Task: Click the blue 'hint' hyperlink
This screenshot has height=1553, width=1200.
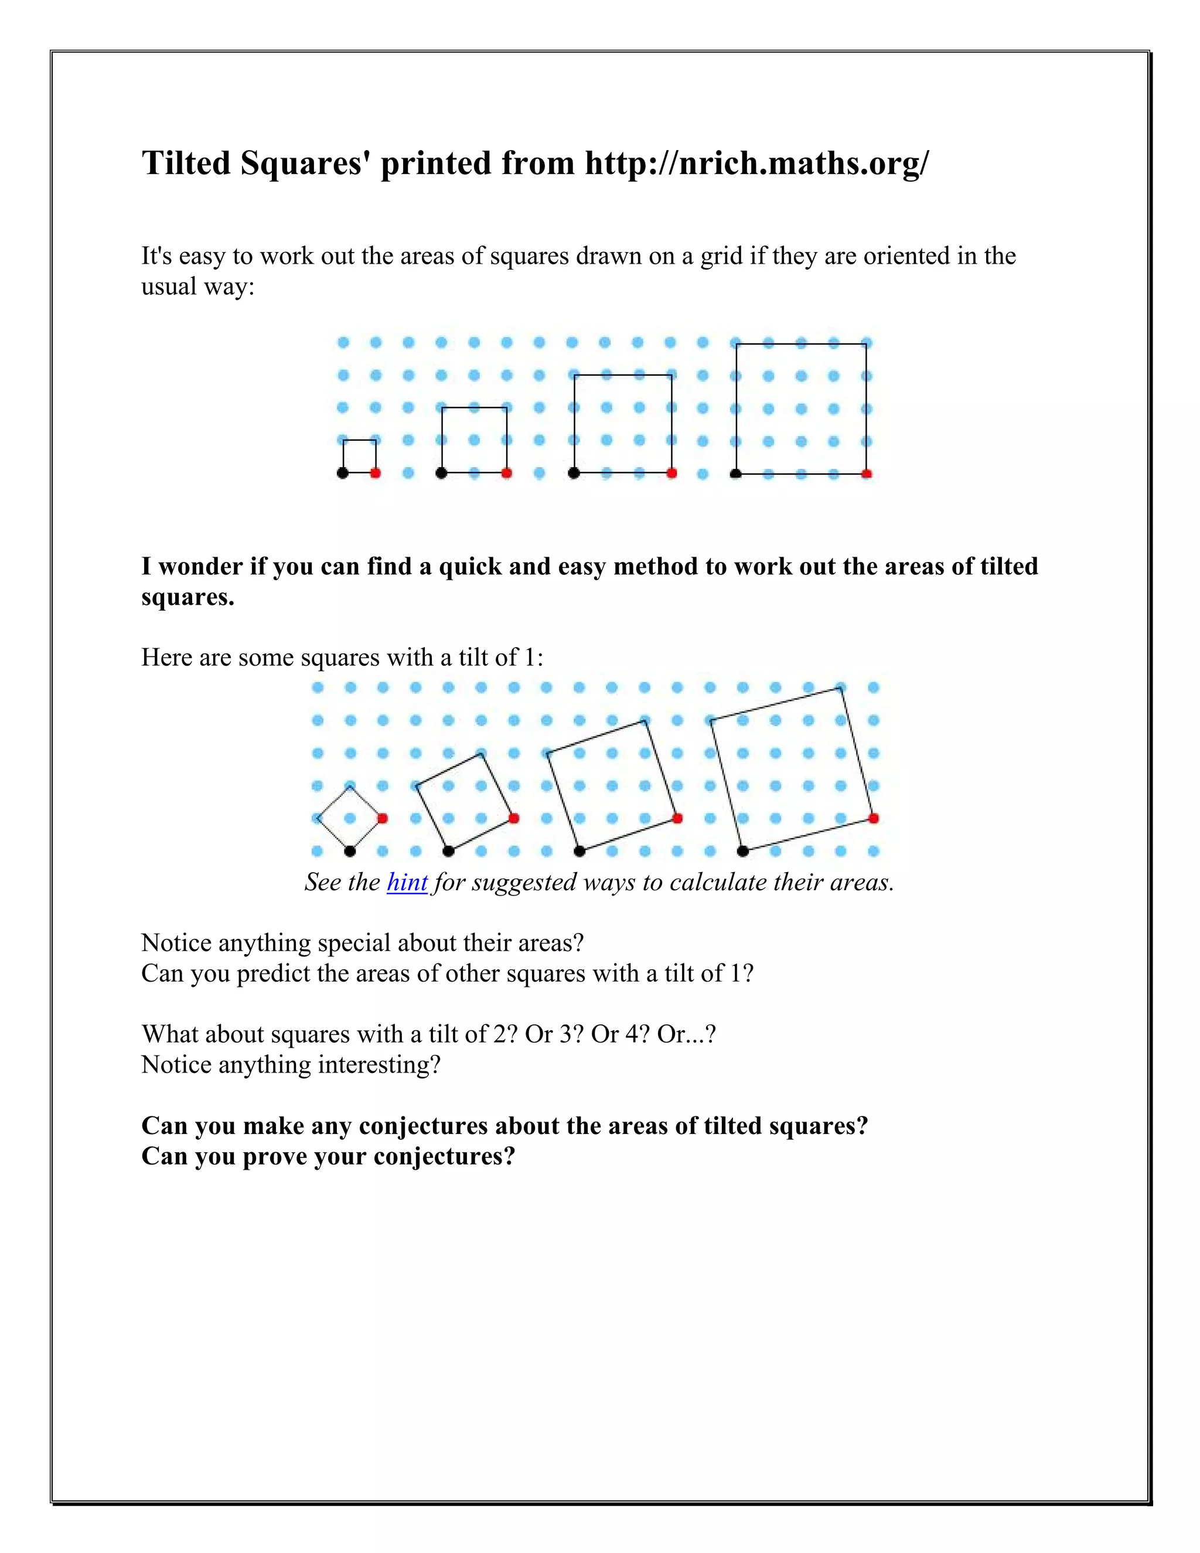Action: [407, 883]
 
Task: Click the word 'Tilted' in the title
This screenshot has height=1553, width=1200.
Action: [186, 163]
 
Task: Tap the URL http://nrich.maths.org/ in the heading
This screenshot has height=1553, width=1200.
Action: [756, 163]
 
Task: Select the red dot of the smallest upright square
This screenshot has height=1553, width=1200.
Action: [376, 473]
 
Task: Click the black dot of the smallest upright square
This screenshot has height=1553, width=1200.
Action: [343, 473]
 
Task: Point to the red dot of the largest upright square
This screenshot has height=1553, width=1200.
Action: [866, 474]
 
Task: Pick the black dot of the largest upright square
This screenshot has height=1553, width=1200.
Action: [736, 474]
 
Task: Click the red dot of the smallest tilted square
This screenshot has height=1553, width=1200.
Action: [383, 819]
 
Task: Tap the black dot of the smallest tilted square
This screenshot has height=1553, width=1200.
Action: [350, 850]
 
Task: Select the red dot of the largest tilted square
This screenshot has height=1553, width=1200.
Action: [874, 819]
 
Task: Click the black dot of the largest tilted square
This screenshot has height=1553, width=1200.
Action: [743, 850]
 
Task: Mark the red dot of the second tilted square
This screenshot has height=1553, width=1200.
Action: [514, 819]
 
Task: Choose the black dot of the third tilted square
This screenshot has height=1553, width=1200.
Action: [579, 850]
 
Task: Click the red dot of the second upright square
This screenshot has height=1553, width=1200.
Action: [506, 473]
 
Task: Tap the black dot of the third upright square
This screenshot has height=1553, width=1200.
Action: [574, 473]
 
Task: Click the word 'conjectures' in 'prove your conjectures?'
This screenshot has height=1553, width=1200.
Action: [444, 1156]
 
